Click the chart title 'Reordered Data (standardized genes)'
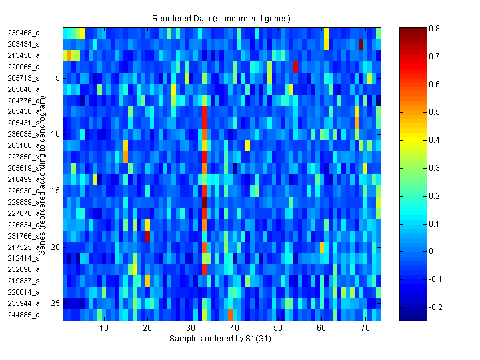coord(221,17)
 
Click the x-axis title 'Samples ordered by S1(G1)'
coord(221,339)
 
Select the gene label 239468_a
coord(24,32)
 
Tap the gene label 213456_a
coord(24,55)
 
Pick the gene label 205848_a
coord(24,89)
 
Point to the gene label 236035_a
coord(24,133)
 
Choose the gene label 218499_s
coord(24,179)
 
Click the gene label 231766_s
coord(24,235)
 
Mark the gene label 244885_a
coord(24,315)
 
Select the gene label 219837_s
coord(24,281)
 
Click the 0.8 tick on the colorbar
coord(434,29)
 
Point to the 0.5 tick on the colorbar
coord(434,113)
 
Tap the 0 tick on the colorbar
coord(434,251)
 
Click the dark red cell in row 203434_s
coord(361,44)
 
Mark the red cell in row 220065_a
coord(295,67)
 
